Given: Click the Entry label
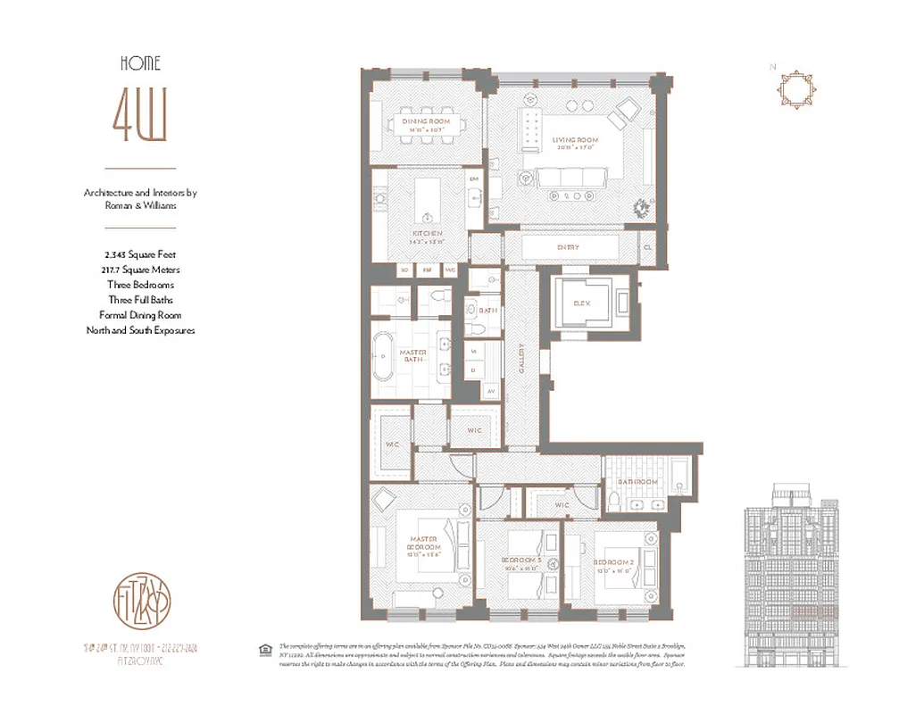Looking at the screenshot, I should coord(567,247).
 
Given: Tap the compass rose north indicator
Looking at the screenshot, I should coord(792,89).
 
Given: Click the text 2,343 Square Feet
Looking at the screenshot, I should coord(140,254).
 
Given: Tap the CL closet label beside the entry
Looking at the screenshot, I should coord(648,247).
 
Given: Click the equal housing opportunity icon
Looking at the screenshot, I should coord(265,650).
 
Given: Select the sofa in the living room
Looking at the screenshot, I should coord(570,178).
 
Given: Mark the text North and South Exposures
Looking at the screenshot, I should coord(140,330).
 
